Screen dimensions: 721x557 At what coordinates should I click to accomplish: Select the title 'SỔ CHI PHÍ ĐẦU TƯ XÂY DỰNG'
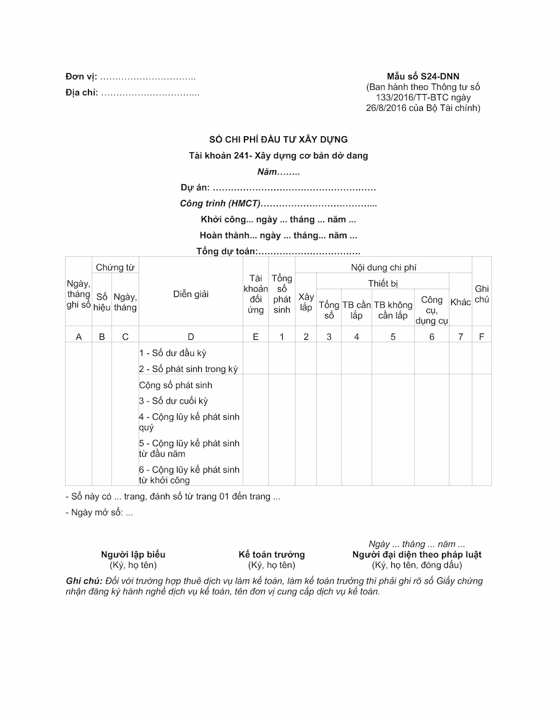(x=278, y=140)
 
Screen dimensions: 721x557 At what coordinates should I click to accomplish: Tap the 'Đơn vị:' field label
(x=81, y=77)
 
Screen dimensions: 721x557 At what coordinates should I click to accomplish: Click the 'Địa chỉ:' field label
(x=82, y=93)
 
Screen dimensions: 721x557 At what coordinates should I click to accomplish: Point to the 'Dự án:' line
(x=278, y=188)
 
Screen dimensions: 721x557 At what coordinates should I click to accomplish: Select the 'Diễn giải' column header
(x=191, y=294)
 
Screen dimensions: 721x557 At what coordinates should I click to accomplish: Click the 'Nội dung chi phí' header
(x=384, y=267)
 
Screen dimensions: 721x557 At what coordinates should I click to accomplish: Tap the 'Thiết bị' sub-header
(x=383, y=283)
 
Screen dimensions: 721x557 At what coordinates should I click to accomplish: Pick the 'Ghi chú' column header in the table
(x=481, y=294)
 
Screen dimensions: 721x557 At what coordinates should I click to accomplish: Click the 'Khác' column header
(x=460, y=302)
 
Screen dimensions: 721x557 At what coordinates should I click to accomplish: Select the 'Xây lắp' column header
(x=306, y=302)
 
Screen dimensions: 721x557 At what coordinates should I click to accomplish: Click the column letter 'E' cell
(x=256, y=337)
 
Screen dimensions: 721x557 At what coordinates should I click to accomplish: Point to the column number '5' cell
(x=393, y=337)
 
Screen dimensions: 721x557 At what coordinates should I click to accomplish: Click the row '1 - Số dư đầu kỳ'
(x=173, y=353)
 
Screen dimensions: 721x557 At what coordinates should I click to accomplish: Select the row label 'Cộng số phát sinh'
(x=176, y=385)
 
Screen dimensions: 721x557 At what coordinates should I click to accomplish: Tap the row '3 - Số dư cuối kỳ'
(x=173, y=401)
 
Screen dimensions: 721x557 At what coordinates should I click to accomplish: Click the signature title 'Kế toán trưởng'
(x=272, y=555)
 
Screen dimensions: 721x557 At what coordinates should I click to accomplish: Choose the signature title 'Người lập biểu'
(x=133, y=555)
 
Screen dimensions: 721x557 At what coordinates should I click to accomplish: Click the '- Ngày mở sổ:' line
(x=99, y=512)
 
